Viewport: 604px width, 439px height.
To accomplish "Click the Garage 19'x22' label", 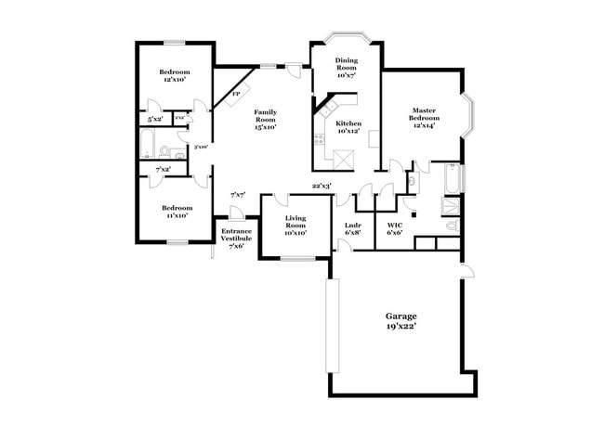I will (x=401, y=321).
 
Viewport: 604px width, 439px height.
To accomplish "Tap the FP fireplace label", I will (x=235, y=95).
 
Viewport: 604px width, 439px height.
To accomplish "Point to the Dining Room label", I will (x=346, y=68).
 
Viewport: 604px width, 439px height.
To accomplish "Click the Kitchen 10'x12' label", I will (x=348, y=127).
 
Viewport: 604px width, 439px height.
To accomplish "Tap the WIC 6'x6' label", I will (x=394, y=228).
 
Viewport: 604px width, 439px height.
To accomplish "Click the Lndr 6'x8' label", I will (x=352, y=228).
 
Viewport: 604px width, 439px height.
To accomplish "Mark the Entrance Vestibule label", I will (x=236, y=238).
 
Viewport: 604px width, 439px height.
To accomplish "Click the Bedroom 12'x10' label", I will (x=174, y=76).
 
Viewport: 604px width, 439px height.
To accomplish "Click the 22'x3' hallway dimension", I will (x=322, y=186).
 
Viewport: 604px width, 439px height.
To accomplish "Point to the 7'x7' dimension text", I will (x=237, y=195).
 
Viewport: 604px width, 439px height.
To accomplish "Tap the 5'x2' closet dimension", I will (x=154, y=119).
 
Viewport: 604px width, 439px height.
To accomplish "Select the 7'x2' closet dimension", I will (x=163, y=170).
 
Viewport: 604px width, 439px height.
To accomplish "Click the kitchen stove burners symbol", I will (x=319, y=139).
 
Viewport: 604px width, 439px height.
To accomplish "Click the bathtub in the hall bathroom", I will (x=148, y=143).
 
